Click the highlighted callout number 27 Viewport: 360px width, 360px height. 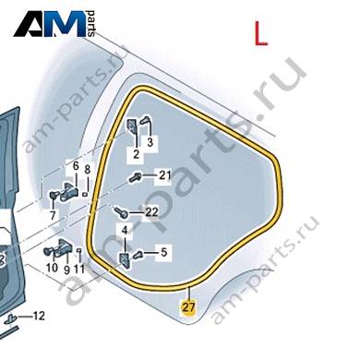coord(188,307)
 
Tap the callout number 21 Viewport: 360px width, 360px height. coord(164,175)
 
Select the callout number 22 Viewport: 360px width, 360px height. coord(151,212)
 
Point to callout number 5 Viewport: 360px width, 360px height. coord(163,253)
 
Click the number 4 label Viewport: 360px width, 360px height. coord(125,231)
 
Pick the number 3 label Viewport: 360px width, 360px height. coord(150,143)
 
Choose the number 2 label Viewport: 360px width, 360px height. coord(136,154)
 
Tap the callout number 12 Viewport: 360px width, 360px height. coord(39,316)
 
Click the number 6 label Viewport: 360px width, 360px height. coord(76,166)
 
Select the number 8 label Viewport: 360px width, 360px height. coord(88,169)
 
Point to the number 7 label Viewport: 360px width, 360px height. coord(53,215)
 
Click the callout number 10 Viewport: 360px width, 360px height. coord(52,268)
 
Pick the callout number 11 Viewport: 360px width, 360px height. coord(79,270)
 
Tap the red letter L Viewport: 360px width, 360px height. coord(260,33)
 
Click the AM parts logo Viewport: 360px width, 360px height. coord(54,24)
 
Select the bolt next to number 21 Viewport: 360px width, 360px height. coord(136,177)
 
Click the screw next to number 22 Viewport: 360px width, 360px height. coord(121,212)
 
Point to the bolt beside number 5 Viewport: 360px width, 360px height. coord(138,255)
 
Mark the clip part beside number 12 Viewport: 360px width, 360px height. coord(11,318)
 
